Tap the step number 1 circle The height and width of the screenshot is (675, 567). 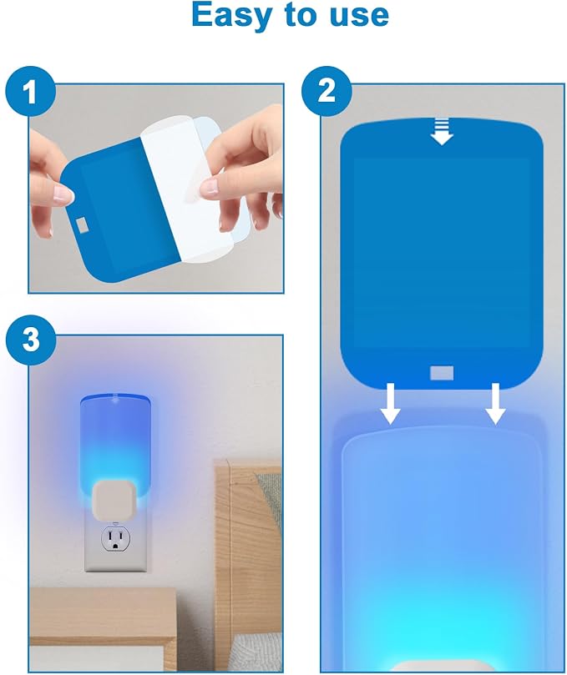click(30, 91)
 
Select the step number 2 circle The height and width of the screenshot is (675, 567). click(327, 91)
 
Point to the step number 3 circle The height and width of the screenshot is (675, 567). click(31, 340)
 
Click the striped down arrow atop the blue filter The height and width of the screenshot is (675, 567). click(442, 131)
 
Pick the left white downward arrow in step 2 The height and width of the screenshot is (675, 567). click(390, 403)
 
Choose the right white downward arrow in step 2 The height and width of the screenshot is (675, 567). click(495, 403)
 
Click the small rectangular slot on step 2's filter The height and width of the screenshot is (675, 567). click(442, 373)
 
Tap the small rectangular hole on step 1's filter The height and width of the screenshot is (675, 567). click(82, 224)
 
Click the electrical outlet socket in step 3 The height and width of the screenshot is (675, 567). click(115, 538)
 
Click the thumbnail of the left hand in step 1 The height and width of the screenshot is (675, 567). click(63, 194)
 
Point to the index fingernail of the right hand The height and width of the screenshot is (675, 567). click(210, 187)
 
